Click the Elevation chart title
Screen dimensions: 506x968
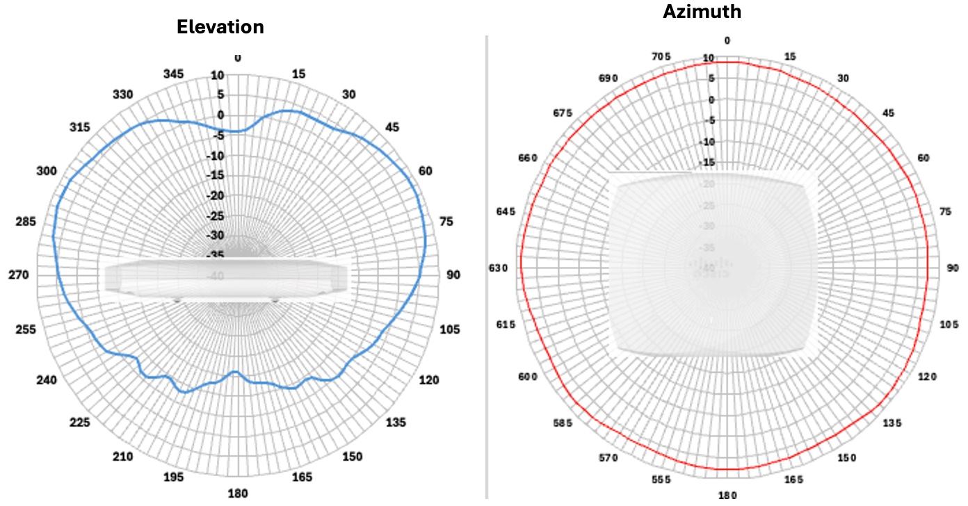[220, 27]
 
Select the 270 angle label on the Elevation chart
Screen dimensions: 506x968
[18, 275]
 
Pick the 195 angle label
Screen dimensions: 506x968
[173, 477]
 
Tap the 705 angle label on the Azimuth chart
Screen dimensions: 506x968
[661, 56]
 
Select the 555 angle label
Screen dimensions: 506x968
[661, 480]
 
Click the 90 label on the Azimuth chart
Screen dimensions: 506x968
[953, 268]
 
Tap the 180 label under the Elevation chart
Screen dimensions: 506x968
[238, 493]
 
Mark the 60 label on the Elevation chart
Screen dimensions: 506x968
[425, 172]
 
